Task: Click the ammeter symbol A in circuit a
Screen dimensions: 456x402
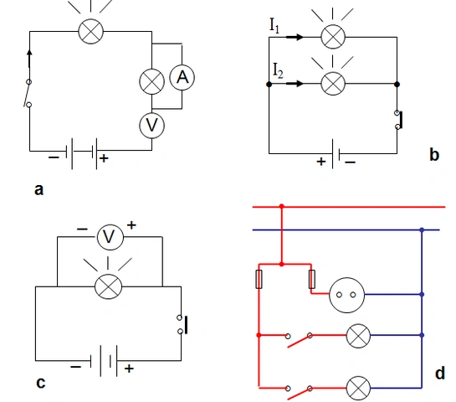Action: coord(182,77)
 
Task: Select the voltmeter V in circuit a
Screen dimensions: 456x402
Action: coord(151,126)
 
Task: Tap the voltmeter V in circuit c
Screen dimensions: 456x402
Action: coord(110,237)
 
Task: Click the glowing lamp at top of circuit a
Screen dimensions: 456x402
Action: coord(91,32)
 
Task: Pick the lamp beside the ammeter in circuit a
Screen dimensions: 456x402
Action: coord(151,81)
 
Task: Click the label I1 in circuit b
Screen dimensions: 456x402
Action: coord(274,26)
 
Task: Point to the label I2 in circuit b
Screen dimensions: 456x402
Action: coord(278,70)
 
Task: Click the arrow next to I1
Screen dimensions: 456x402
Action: coord(295,37)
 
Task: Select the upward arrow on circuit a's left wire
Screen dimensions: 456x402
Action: coord(29,59)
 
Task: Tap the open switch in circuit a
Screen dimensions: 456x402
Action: coord(28,93)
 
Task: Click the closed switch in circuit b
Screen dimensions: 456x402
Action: coord(399,120)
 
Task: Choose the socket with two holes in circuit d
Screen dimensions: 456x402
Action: coord(346,295)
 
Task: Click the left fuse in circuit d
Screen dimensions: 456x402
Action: coord(259,279)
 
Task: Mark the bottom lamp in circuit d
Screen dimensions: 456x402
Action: coord(358,388)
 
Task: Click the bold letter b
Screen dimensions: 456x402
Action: coord(434,155)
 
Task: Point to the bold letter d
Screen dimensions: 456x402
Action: coord(440,373)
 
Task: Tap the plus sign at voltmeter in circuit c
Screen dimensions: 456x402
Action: coord(131,225)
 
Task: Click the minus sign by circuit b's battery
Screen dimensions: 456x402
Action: coord(350,162)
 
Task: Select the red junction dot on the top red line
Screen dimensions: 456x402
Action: coord(281,206)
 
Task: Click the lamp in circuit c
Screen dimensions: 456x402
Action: coord(109,286)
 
